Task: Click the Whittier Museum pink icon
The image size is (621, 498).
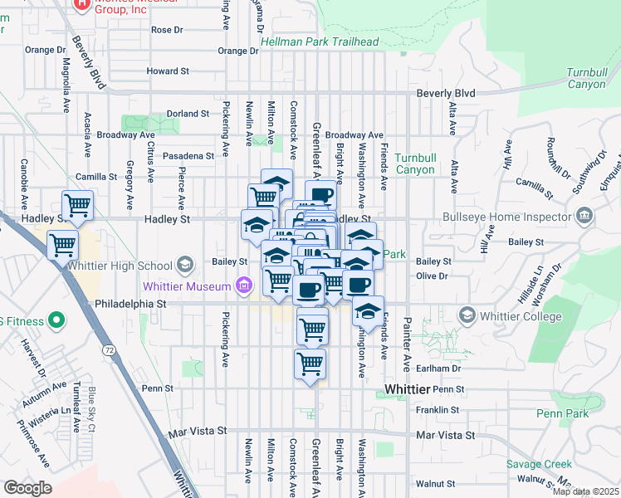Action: pyautogui.click(x=243, y=287)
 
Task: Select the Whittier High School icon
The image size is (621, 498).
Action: pyautogui.click(x=185, y=266)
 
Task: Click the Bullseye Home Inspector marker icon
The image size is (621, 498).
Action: pyautogui.click(x=584, y=217)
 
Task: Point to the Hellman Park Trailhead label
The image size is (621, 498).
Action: pyautogui.click(x=320, y=41)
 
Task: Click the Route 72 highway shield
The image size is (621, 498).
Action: pyautogui.click(x=110, y=352)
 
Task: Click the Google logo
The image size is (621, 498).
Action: pyautogui.click(x=27, y=488)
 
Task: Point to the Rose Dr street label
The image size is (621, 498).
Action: pyautogui.click(x=167, y=30)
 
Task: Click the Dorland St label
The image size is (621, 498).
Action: pyautogui.click(x=187, y=114)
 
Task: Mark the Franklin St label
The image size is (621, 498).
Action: pyautogui.click(x=438, y=410)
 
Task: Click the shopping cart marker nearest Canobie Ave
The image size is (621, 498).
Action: pyautogui.click(x=77, y=204)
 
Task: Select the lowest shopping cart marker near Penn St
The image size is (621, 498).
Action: pyautogui.click(x=310, y=364)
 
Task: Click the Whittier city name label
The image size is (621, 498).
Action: pyautogui.click(x=408, y=390)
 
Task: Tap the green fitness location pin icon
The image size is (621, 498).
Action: pyautogui.click(x=56, y=319)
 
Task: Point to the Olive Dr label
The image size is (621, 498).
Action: pyautogui.click(x=432, y=276)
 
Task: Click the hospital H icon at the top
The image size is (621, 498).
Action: pyautogui.click(x=82, y=4)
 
